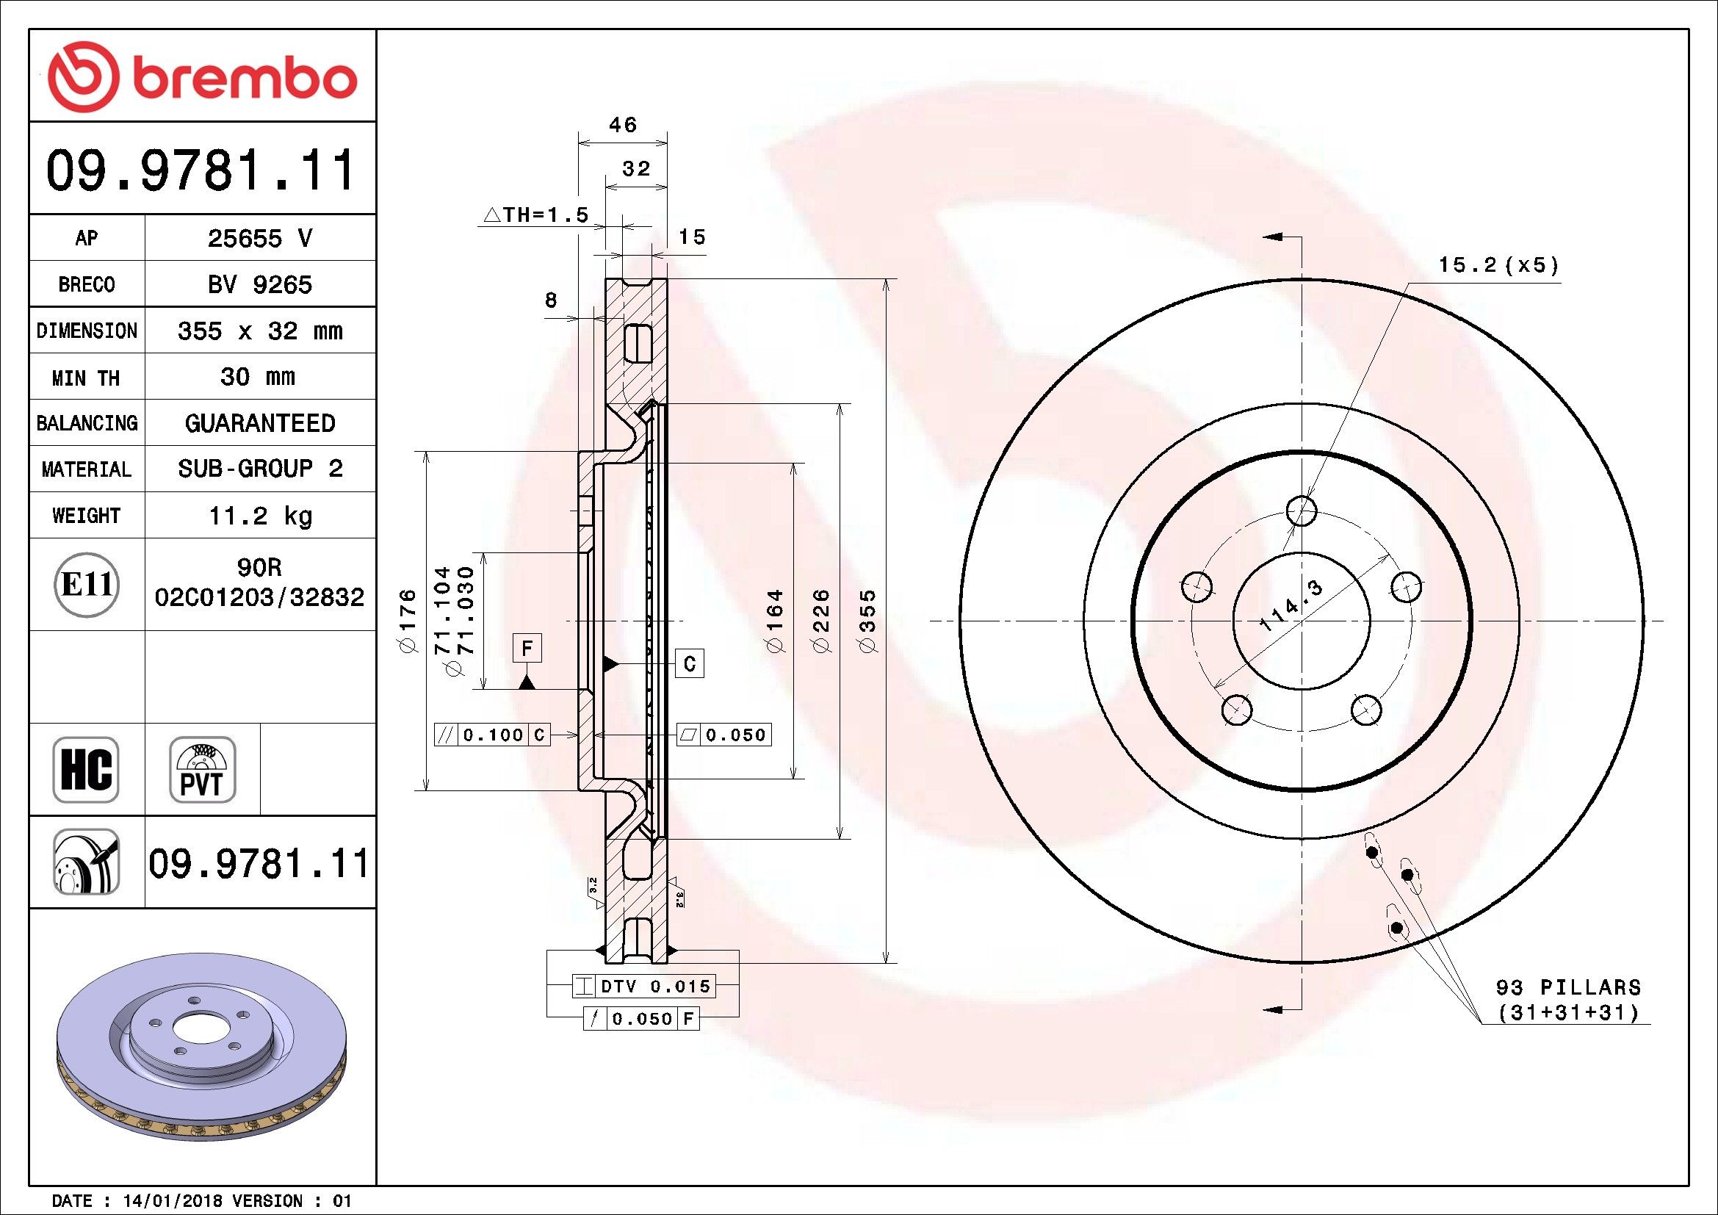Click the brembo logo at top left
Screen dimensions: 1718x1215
click(x=202, y=76)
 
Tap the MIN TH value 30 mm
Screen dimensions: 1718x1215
click(x=257, y=376)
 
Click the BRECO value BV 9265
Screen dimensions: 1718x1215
click(x=259, y=284)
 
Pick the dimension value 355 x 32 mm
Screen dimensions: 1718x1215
click(x=259, y=331)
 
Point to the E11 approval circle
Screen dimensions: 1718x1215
click(x=87, y=584)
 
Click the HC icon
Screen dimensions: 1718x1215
click(x=86, y=769)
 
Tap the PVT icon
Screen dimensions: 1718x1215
click(x=202, y=769)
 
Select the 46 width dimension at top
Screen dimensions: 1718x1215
click(x=623, y=124)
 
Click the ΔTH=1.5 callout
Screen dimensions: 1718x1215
click(x=536, y=215)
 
